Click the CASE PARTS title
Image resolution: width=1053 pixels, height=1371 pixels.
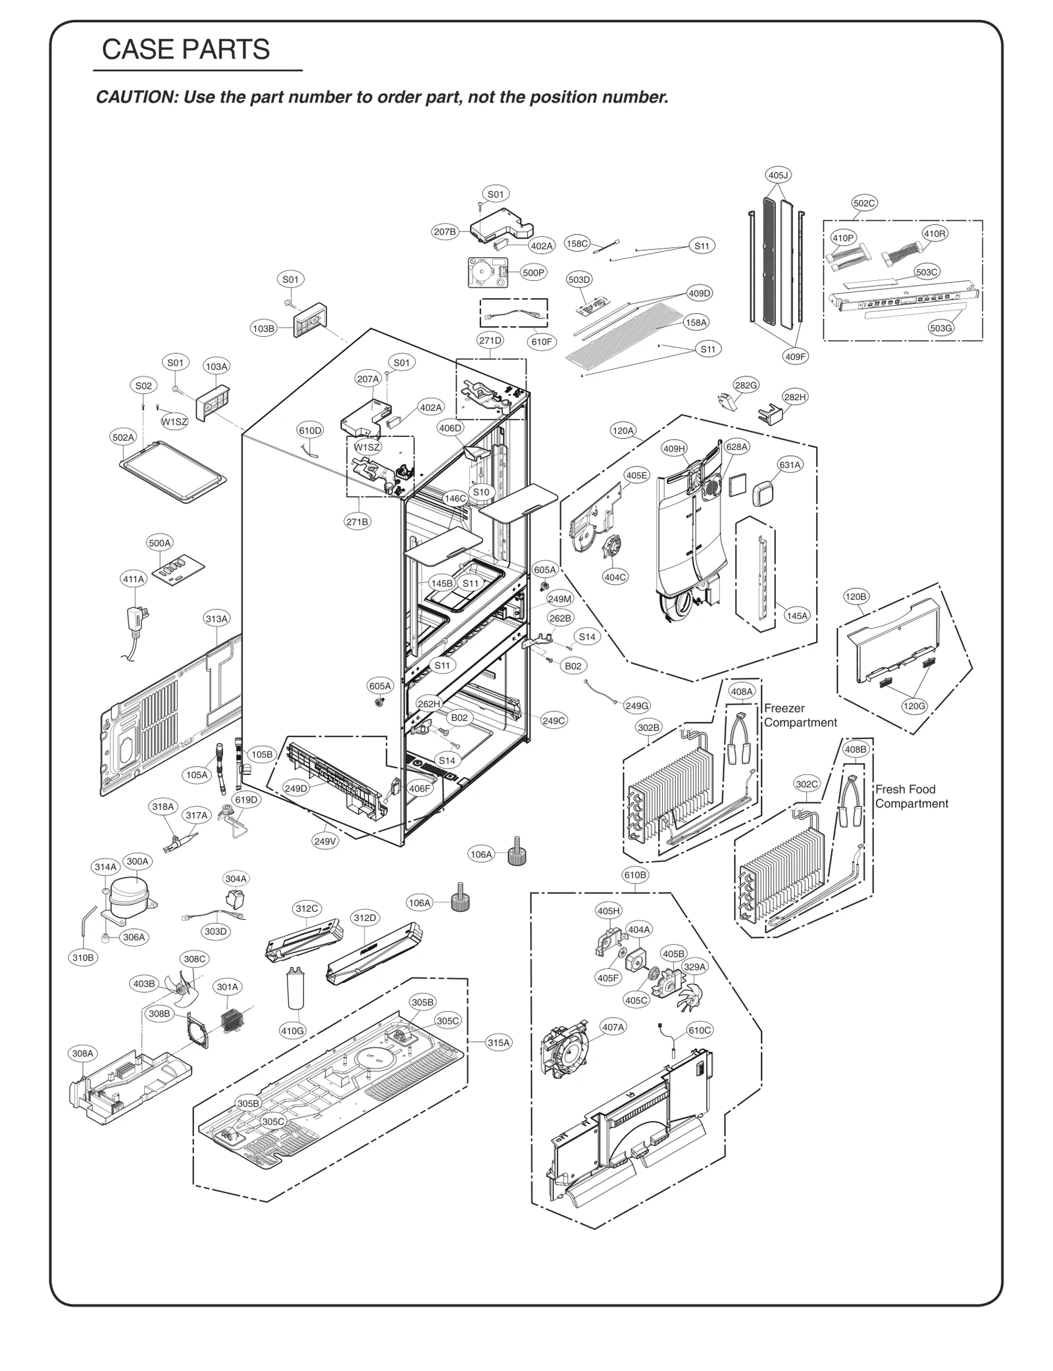coord(186,50)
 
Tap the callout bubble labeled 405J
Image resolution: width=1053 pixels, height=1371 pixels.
coord(778,175)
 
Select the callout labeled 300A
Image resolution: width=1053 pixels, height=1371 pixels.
coord(138,861)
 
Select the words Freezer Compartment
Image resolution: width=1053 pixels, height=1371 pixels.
coord(800,715)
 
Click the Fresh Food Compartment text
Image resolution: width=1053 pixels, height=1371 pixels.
coord(911,796)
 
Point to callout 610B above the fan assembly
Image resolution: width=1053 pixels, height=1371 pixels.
coord(635,875)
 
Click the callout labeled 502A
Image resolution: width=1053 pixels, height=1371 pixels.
coord(123,437)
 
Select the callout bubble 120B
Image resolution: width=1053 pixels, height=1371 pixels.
coord(856,597)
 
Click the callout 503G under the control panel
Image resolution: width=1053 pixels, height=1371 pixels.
coord(941,328)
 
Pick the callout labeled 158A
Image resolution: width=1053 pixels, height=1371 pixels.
coord(696,322)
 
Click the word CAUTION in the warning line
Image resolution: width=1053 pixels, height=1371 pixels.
coord(136,97)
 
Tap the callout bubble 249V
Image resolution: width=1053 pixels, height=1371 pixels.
coord(325,841)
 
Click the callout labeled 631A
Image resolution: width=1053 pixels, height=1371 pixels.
coord(790,464)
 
